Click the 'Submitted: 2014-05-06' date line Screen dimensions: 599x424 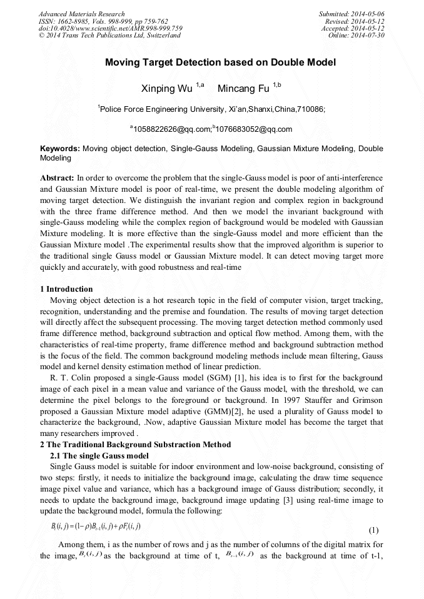click(x=352, y=14)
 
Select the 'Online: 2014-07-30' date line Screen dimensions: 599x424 click(x=356, y=36)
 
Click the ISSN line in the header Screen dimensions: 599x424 click(x=103, y=21)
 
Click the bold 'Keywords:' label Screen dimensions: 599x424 click(x=60, y=149)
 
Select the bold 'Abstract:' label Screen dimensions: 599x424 click(x=58, y=178)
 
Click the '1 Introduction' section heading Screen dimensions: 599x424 click(x=66, y=289)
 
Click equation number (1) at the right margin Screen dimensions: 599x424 click(x=373, y=530)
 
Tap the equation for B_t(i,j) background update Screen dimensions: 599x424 click(x=96, y=527)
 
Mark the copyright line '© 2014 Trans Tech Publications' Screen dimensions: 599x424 click(x=109, y=36)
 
